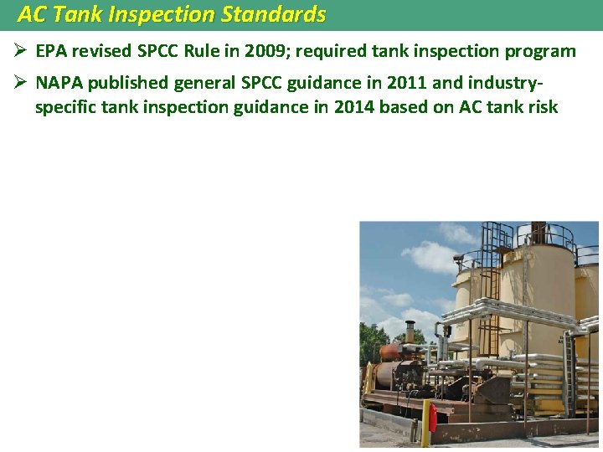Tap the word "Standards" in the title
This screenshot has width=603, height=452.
click(x=273, y=14)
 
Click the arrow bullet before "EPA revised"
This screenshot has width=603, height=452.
click(x=21, y=51)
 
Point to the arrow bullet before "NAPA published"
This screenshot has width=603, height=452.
click(x=21, y=83)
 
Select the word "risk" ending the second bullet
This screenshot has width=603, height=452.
click(x=540, y=107)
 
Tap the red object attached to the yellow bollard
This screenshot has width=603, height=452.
click(x=433, y=418)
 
